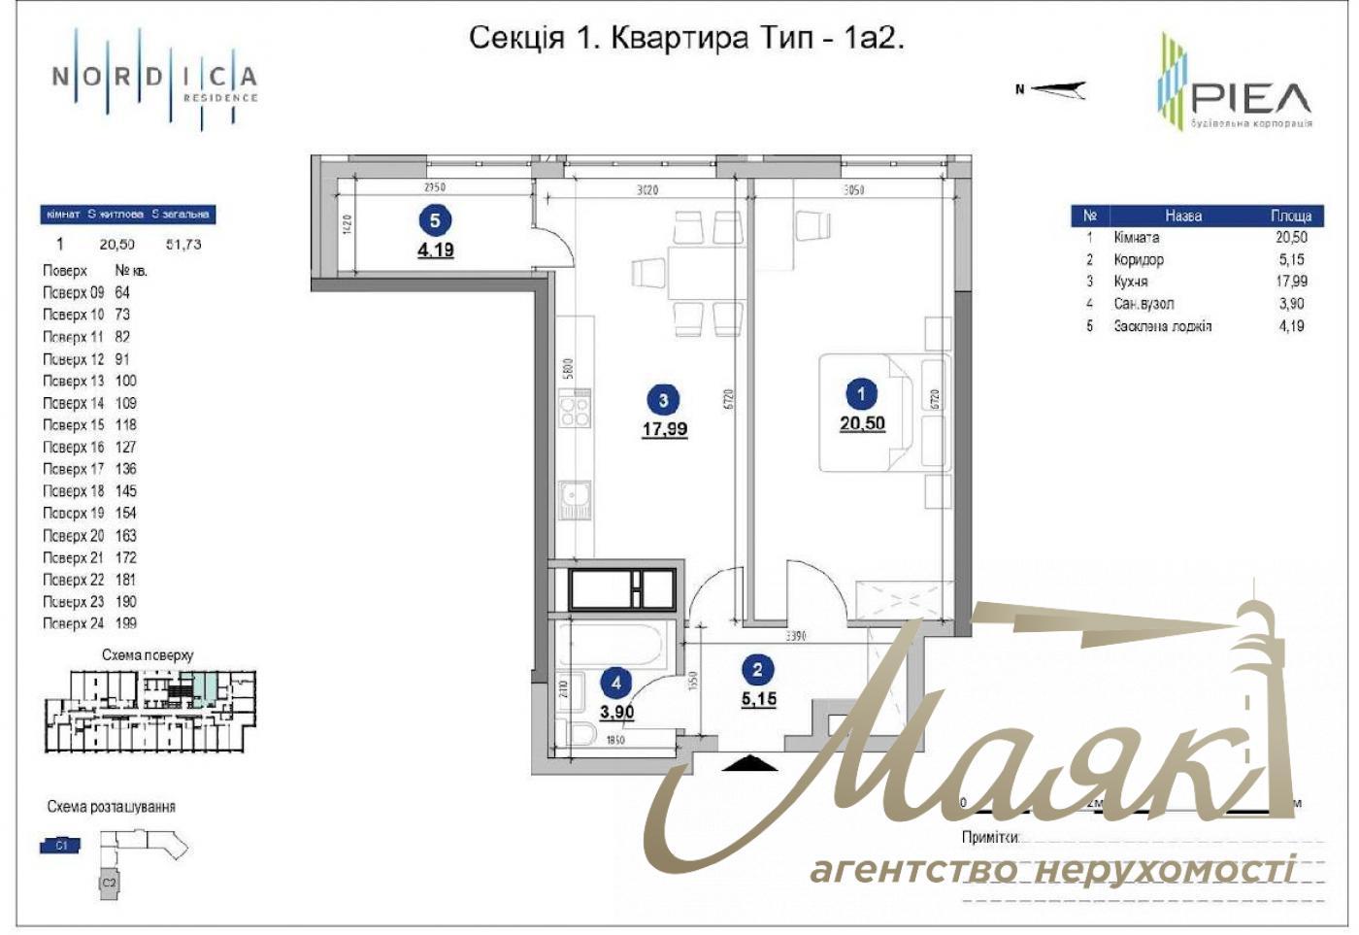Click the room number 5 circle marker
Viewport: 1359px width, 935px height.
tap(434, 220)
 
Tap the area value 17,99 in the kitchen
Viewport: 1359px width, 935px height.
tap(664, 428)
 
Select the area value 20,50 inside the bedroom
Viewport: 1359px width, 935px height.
tap(862, 422)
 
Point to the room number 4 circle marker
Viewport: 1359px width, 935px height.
tap(616, 684)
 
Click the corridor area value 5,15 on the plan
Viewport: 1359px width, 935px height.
tap(758, 698)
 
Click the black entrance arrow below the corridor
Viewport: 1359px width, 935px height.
tap(751, 764)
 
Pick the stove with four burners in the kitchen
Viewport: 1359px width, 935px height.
tap(575, 410)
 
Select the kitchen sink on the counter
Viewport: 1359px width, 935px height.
tap(575, 501)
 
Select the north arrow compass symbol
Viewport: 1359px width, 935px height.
tap(1056, 89)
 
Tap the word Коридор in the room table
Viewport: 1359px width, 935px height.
tap(1138, 259)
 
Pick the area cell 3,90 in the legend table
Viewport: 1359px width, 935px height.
tap(1291, 304)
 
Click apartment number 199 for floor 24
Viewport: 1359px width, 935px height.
tap(126, 623)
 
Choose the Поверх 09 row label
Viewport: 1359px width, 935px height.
tap(73, 292)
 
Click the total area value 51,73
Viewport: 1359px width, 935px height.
tap(183, 245)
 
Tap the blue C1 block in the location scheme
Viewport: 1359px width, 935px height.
tap(60, 846)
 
